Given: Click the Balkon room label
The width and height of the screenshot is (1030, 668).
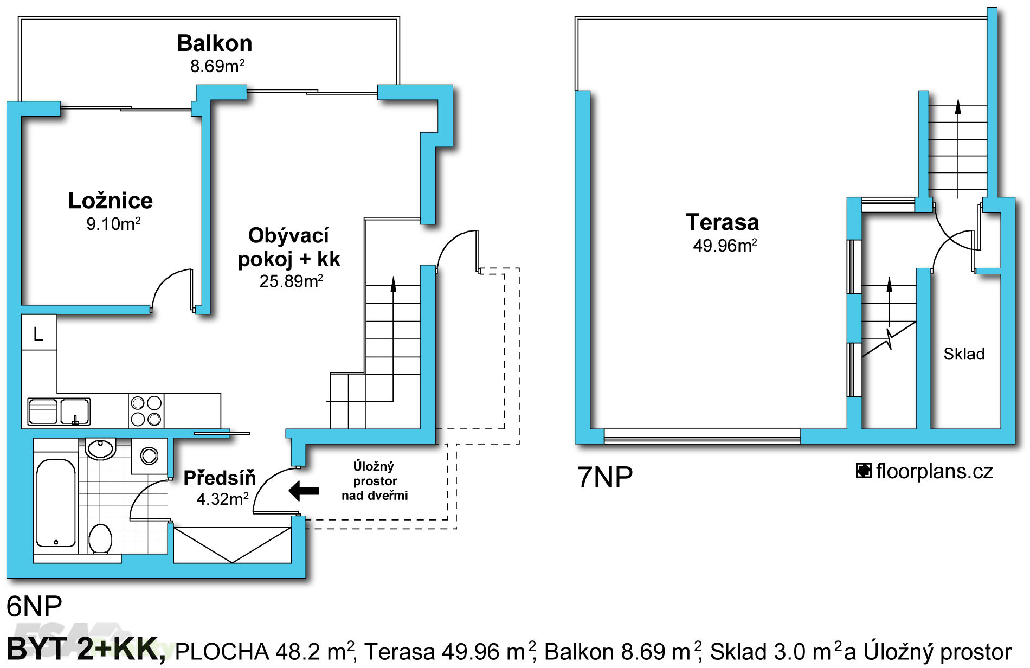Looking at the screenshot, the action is [215, 43].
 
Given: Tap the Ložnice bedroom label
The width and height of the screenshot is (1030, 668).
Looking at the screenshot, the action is [111, 201].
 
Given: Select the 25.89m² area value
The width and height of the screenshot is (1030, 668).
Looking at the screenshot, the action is [291, 281].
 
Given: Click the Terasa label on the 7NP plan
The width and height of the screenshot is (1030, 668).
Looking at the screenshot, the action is [722, 222].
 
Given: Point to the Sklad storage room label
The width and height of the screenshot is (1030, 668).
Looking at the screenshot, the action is [964, 354].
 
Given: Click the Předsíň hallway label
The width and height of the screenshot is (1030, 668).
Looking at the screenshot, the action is [220, 478].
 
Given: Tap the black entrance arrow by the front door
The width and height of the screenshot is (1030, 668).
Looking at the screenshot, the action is [304, 491].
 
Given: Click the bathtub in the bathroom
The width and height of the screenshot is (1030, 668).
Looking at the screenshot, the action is [56, 503].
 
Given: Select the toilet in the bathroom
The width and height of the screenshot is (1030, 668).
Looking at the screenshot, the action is [100, 538].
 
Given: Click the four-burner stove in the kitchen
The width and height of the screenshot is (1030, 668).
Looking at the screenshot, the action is [146, 410].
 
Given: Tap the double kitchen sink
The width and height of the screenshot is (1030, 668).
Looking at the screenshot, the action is [59, 412].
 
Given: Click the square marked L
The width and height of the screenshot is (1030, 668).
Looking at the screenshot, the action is [39, 332].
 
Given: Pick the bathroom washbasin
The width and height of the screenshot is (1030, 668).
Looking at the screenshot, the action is [100, 449].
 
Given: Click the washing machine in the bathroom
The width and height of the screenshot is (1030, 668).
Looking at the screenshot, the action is [150, 456].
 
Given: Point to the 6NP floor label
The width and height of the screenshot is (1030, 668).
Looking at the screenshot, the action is [34, 606].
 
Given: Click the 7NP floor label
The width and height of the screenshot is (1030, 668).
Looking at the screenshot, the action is [605, 477].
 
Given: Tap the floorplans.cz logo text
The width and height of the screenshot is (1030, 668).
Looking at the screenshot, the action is [924, 471].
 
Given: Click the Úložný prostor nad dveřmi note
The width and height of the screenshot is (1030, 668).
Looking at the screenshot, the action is [375, 481].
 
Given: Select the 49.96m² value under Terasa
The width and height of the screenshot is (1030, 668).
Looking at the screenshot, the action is [725, 246].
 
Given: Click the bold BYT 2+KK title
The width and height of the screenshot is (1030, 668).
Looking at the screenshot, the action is [86, 650].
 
